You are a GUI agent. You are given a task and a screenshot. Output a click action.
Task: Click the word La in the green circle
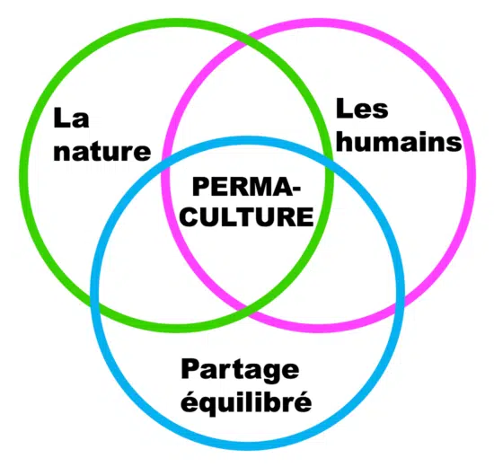pyautogui.click(x=71, y=119)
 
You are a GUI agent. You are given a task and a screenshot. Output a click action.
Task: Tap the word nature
pyautogui.click(x=102, y=152)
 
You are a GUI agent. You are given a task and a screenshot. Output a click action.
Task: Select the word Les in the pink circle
pyautogui.click(x=362, y=109)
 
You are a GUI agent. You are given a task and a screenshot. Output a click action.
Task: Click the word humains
pyautogui.click(x=399, y=141)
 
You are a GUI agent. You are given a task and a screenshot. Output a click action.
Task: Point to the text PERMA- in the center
pyautogui.click(x=246, y=187)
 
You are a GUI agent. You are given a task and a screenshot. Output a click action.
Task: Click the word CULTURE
pyautogui.click(x=248, y=216)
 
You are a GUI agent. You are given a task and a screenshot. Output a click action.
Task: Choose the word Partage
pyautogui.click(x=240, y=371)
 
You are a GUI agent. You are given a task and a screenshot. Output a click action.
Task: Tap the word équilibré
pyautogui.click(x=246, y=401)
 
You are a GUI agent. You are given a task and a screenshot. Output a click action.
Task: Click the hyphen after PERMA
pyautogui.click(x=295, y=189)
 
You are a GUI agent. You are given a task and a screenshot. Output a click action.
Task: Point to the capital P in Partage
pyautogui.click(x=190, y=369)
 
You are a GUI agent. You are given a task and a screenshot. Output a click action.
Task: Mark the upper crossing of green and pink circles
pyautogui.click(x=246, y=41)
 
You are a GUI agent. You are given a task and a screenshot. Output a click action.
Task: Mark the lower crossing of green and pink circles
pyautogui.click(x=247, y=308)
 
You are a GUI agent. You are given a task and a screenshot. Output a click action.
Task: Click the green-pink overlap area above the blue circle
pyautogui.click(x=246, y=94)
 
